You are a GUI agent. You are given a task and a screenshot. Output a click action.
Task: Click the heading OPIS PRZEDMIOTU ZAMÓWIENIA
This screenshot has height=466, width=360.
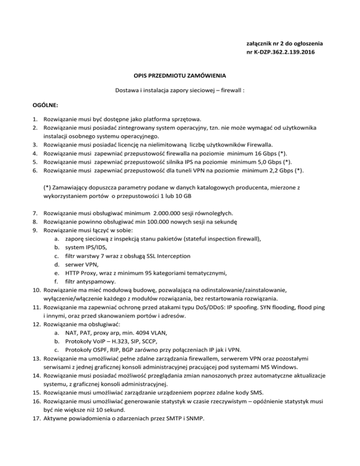[x=180, y=75]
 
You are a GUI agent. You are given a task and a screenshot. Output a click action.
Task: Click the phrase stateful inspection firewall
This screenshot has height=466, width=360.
[x=221, y=239]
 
